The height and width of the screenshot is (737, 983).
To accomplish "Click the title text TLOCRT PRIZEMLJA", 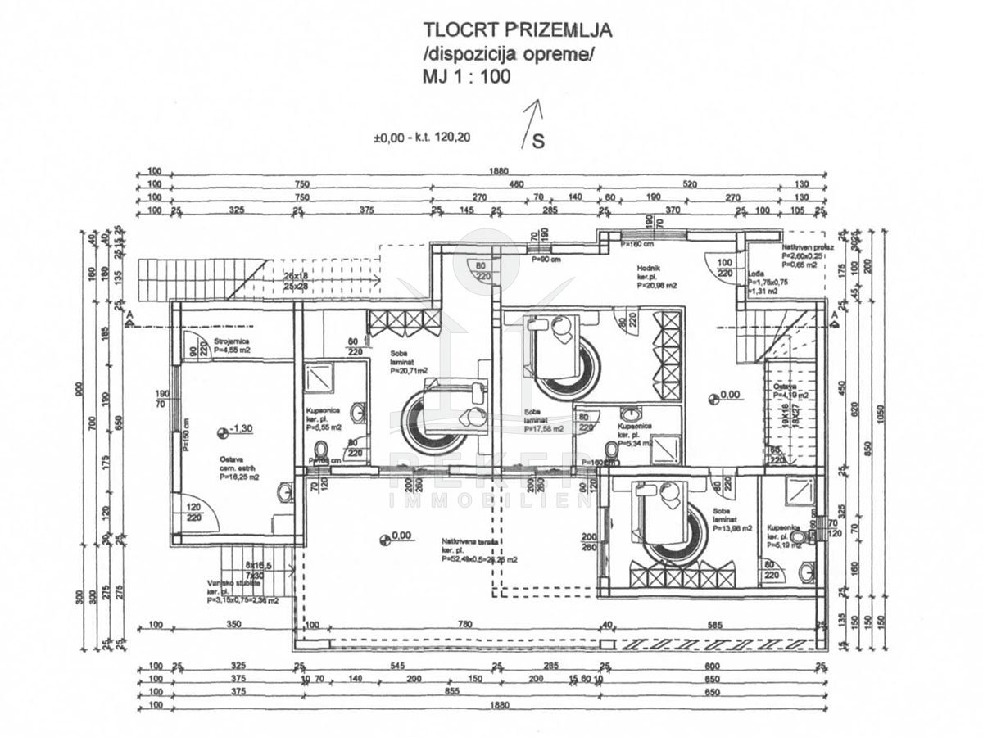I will [517, 30].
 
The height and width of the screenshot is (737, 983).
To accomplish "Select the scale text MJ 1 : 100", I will [466, 77].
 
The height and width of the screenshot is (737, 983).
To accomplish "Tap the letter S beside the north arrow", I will [538, 141].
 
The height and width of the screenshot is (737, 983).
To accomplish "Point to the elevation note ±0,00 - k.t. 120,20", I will [422, 138].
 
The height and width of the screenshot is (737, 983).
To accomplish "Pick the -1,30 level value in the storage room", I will [241, 429].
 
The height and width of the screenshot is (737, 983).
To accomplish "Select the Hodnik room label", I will [651, 268].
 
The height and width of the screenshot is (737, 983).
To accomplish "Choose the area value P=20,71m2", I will [410, 371].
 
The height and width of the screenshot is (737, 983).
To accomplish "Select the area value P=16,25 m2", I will [239, 476].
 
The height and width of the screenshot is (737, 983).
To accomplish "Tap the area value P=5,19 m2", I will [785, 544].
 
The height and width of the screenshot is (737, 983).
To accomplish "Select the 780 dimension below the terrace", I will [464, 626].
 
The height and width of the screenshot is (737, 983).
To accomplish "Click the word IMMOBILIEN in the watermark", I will [491, 500].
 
